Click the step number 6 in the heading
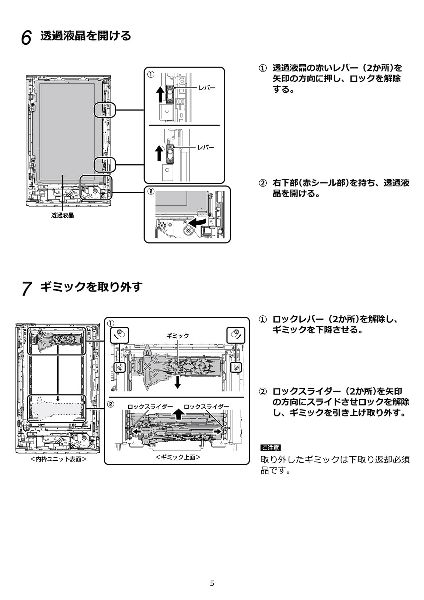26,37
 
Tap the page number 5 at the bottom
212,583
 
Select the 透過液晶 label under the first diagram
63,215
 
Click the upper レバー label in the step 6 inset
207,88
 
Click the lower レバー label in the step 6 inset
206,147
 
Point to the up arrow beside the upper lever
160,94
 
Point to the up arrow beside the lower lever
159,153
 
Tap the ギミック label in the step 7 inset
178,336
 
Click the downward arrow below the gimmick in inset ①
178,382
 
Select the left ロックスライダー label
150,407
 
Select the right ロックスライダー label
206,407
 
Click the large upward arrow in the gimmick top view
179,414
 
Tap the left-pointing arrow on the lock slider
136,431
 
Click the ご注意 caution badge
270,448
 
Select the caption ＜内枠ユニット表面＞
58,459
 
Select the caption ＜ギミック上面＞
178,457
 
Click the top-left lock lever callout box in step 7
120,335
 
